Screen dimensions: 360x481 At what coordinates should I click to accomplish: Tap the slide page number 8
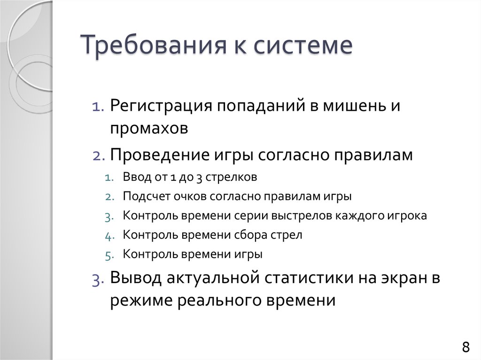(465, 348)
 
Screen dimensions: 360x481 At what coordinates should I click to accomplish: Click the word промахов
(149, 129)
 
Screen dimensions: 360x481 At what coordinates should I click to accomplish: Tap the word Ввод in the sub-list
(134, 178)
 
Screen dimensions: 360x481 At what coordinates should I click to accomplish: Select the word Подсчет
(142, 197)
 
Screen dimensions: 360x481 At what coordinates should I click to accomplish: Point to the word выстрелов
(309, 216)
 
